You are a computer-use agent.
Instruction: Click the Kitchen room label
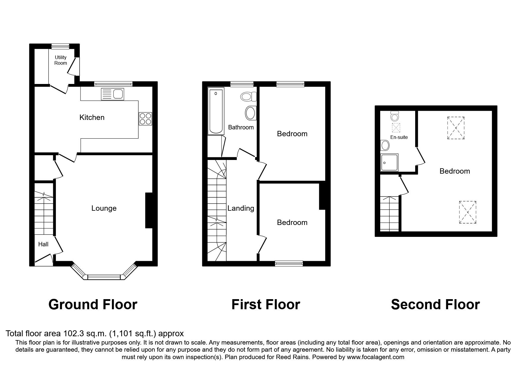pos(92,118)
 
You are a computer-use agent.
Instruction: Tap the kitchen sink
pos(113,94)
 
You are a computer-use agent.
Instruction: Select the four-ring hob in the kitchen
pos(145,119)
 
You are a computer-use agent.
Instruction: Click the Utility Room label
pos(61,60)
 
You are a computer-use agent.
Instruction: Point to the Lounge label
pos(104,208)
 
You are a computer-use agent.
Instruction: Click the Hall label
pos(43,244)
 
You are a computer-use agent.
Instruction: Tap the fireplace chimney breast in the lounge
pos(149,211)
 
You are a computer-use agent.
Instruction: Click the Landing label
pos(241,208)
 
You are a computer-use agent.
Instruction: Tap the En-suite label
pos(399,137)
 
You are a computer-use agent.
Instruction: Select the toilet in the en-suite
pos(395,115)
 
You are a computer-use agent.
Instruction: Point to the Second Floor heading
pos(435,304)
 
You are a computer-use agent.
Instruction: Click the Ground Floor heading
pos(93,304)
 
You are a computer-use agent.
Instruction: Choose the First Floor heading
pos(266,304)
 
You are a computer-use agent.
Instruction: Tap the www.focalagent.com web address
pos(375,357)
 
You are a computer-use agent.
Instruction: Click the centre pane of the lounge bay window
pos(104,277)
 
